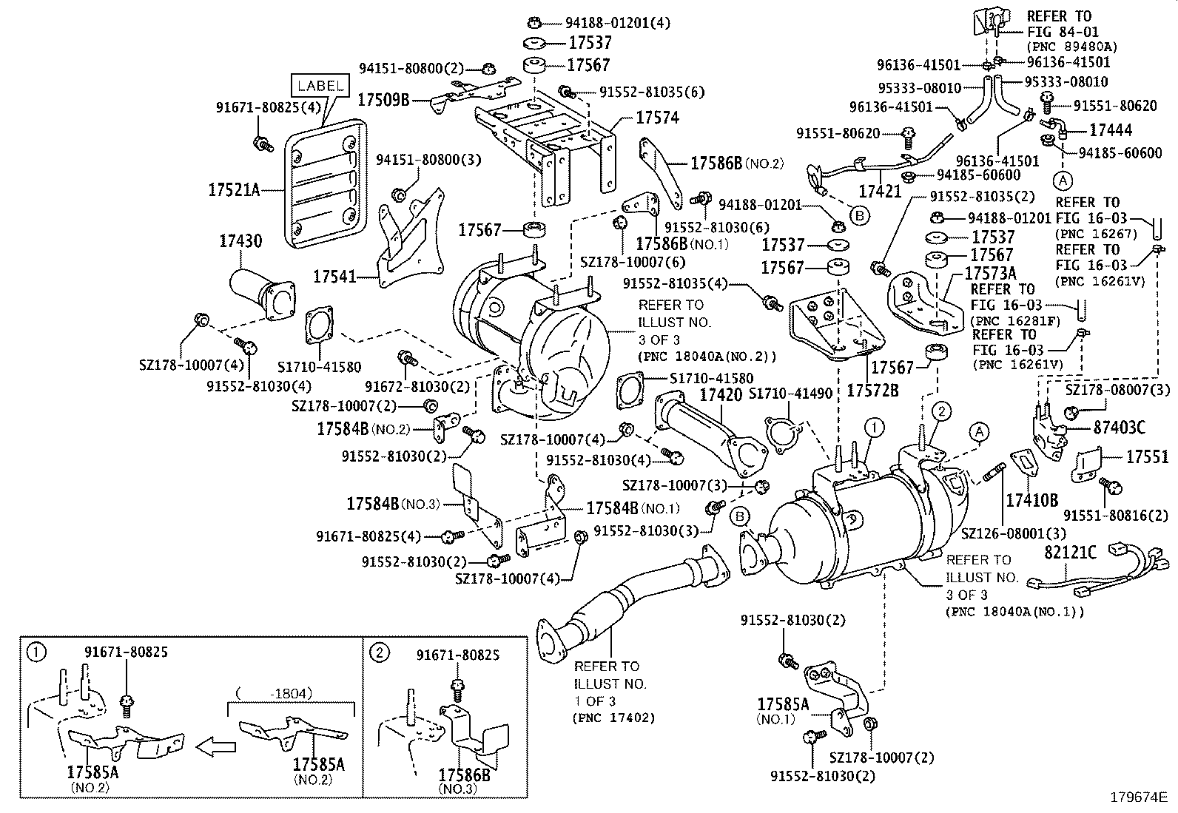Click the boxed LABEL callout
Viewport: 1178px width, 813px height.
click(x=320, y=86)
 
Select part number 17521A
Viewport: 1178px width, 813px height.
click(x=233, y=190)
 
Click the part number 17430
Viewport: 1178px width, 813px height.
click(x=240, y=240)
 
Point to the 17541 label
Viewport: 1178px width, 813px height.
click(x=334, y=277)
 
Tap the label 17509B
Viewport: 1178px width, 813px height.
click(x=383, y=98)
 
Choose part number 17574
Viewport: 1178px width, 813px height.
click(x=657, y=118)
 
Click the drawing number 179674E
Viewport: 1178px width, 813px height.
click(x=1138, y=797)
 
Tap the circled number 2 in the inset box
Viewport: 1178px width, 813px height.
click(x=379, y=652)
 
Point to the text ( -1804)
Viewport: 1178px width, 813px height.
click(x=274, y=693)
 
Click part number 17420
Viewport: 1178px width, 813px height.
click(x=721, y=394)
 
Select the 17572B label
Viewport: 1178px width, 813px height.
click(x=872, y=390)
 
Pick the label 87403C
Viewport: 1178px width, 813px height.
click(x=1119, y=428)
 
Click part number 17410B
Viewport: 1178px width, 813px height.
click(x=1031, y=500)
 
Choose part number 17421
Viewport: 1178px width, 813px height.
click(x=880, y=192)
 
